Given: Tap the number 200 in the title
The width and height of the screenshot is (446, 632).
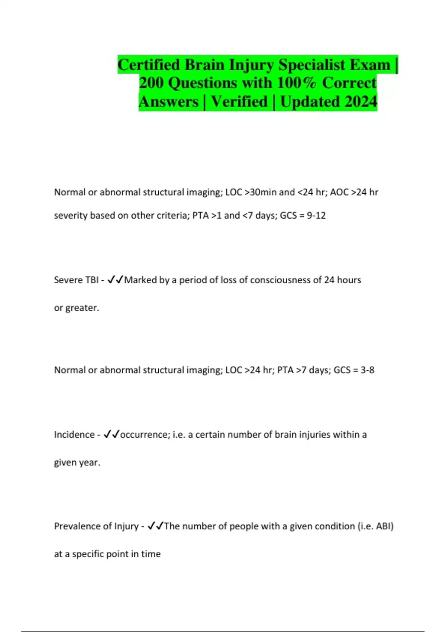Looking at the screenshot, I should pyautogui.click(x=151, y=83).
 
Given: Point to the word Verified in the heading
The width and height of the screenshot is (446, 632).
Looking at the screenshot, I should pyautogui.click(x=239, y=101).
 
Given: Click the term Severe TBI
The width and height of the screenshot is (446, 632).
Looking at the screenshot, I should pyautogui.click(x=76, y=280).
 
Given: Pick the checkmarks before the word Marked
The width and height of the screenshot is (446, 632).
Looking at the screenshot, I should pyautogui.click(x=115, y=280).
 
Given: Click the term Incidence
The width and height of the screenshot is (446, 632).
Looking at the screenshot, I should pyautogui.click(x=74, y=435).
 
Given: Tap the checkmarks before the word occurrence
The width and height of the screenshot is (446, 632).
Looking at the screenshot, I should pyautogui.click(x=111, y=435).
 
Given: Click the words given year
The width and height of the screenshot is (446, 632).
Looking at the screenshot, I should pyautogui.click(x=77, y=463).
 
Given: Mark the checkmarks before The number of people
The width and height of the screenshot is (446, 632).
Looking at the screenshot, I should pyautogui.click(x=155, y=526).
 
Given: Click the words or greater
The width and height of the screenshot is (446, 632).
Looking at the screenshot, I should pyautogui.click(x=76, y=308).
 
